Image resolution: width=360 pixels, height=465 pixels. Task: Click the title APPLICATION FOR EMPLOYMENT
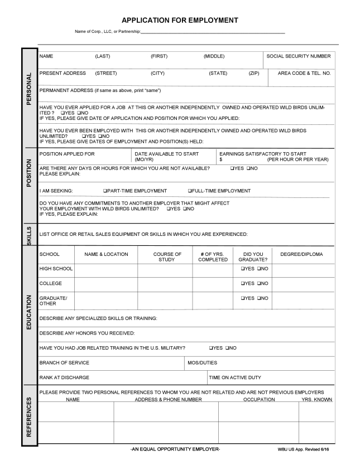[180, 20]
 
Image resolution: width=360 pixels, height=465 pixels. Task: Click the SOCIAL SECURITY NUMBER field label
[299, 56]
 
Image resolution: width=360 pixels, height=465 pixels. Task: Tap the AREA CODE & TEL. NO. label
[304, 73]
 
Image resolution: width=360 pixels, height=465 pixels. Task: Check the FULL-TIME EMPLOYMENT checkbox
[190, 191]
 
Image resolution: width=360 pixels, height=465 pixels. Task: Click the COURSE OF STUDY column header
[166, 256]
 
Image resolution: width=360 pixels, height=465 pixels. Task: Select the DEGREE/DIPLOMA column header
[301, 254]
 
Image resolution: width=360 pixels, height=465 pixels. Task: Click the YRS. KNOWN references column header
[316, 399]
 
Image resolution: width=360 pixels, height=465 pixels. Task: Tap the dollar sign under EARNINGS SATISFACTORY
[221, 160]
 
